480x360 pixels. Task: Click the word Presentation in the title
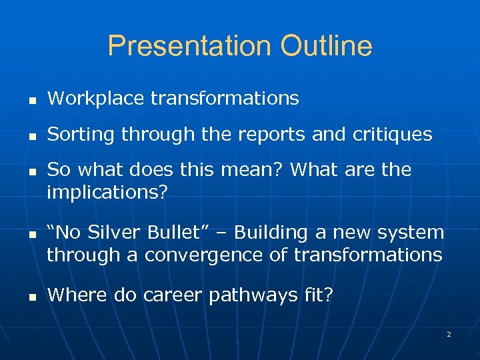click(189, 46)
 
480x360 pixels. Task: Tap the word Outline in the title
click(326, 46)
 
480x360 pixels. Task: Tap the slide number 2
click(449, 334)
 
